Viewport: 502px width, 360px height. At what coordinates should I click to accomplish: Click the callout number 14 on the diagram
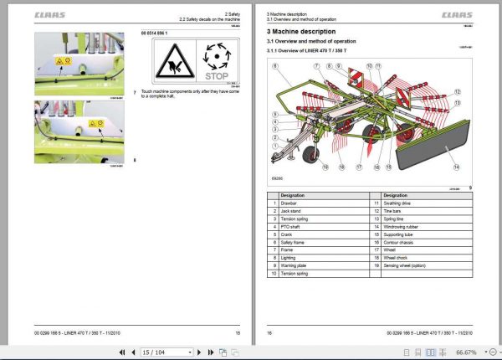pos(456,167)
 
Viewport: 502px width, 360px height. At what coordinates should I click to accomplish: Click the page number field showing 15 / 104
pos(163,352)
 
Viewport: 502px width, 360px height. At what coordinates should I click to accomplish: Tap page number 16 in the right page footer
pos(269,333)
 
